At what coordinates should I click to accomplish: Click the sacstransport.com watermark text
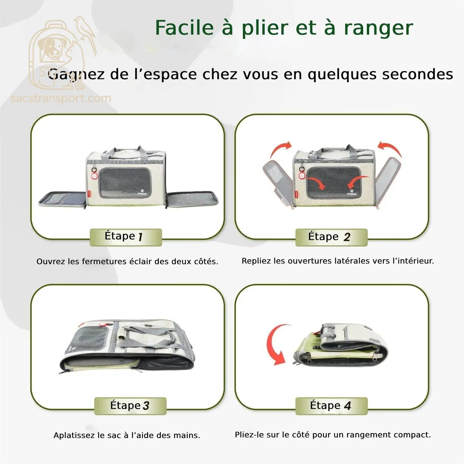click(61, 98)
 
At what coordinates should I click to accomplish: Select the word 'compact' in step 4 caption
click(413, 435)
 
